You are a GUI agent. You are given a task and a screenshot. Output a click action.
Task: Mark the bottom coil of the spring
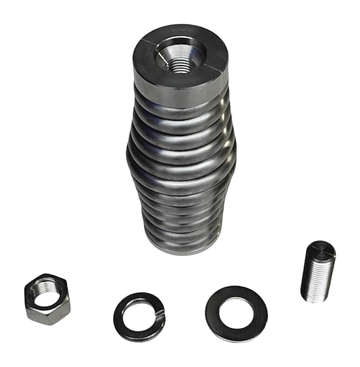181,245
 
